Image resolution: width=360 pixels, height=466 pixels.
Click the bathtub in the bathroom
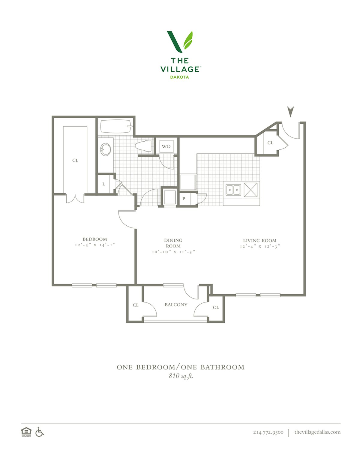[x=116, y=127]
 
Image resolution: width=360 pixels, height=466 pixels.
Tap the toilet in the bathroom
[x=143, y=146]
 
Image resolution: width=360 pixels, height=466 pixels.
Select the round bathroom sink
[x=106, y=149]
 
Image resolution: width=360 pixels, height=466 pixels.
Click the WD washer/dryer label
[x=166, y=146]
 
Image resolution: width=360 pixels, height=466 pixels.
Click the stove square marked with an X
[x=250, y=190]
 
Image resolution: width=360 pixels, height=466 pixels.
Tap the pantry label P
[x=184, y=199]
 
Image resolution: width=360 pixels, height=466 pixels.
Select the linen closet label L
[x=104, y=184]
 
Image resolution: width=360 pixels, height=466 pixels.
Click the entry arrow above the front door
[x=290, y=112]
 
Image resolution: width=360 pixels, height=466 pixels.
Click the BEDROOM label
[x=95, y=239]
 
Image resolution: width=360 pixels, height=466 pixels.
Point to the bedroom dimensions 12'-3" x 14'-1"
[x=95, y=245]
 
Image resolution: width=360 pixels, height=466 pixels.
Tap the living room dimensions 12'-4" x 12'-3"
[x=260, y=246]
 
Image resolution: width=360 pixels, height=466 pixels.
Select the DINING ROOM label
[x=173, y=243]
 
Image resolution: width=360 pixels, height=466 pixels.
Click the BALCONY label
[x=176, y=305]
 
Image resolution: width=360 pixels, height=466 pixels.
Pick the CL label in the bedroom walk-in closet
[x=75, y=161]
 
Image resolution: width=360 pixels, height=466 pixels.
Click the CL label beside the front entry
[x=270, y=143]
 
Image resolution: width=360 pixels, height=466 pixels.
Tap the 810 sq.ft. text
[x=181, y=376]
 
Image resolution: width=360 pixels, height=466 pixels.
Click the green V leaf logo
[x=180, y=42]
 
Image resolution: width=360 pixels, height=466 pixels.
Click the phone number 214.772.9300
[x=268, y=432]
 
